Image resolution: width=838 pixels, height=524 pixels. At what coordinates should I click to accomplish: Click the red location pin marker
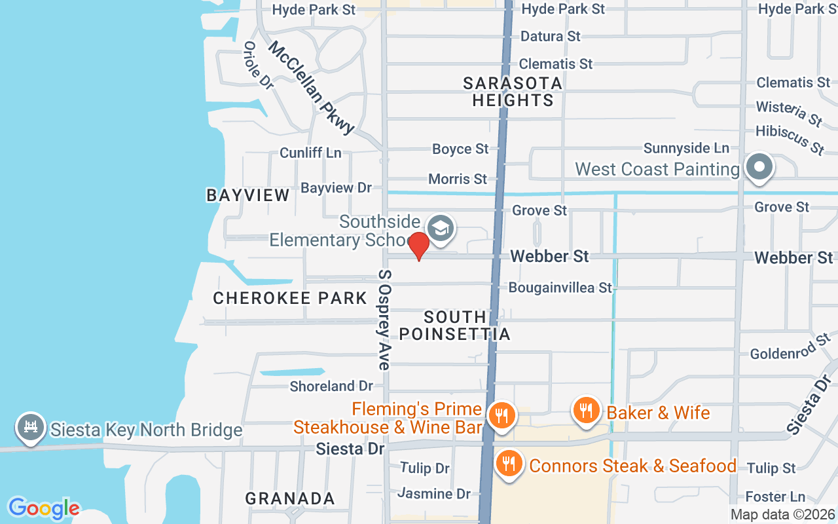coord(418,246)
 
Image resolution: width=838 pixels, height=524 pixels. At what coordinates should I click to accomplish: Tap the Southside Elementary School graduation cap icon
coord(441,228)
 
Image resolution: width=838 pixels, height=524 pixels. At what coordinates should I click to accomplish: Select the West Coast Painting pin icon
coord(759,166)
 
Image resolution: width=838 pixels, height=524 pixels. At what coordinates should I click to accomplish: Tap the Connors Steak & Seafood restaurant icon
coord(508,464)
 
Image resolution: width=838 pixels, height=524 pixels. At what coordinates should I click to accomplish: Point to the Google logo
coord(44,508)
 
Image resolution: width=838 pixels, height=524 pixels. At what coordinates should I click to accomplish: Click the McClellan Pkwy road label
coord(312,88)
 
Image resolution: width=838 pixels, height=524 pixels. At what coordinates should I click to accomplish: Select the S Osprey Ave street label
coord(384,319)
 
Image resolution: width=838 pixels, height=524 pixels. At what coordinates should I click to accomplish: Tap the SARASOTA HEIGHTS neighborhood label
coord(513,92)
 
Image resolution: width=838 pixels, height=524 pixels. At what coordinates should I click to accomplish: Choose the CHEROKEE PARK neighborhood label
coord(290,298)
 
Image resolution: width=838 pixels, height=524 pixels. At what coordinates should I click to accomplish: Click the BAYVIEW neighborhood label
coord(248,195)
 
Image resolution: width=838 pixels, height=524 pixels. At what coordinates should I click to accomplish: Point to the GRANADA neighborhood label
coord(290,498)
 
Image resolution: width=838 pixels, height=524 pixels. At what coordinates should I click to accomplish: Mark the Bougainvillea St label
coord(560,288)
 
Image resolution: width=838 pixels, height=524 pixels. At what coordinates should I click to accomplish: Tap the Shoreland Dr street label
coord(331,386)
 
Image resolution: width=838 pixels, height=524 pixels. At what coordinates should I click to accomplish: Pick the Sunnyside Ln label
coord(686,148)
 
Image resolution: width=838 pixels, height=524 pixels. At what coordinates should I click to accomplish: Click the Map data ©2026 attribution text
coord(783,515)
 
